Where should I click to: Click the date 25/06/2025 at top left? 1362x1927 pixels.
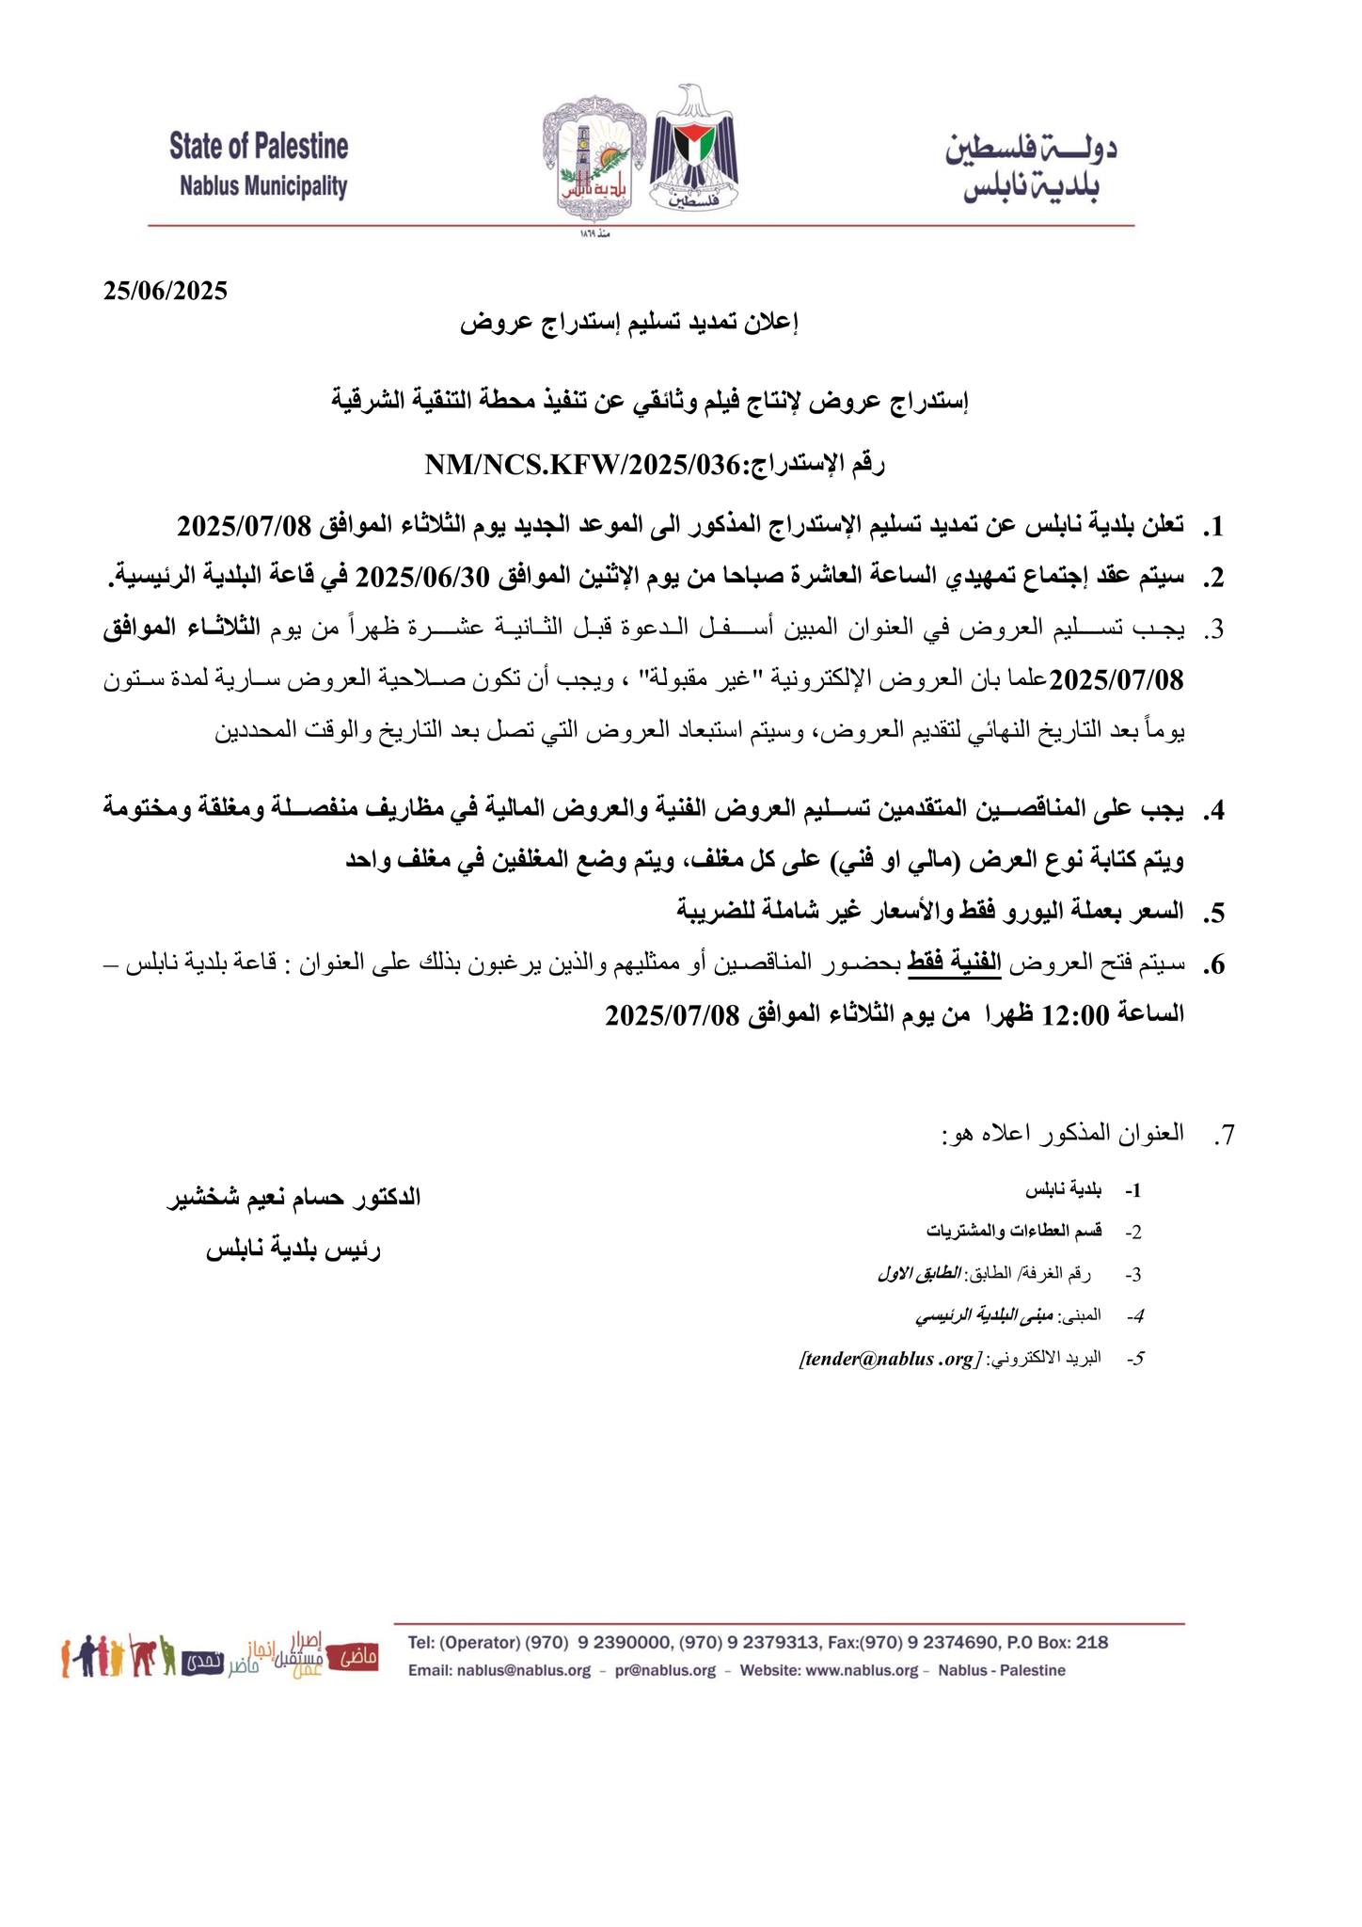point(166,290)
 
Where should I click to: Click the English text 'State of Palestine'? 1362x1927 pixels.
point(259,147)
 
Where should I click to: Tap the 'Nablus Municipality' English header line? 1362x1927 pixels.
point(263,186)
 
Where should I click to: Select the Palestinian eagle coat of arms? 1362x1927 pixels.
point(696,151)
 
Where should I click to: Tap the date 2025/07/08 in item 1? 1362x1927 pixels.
point(243,525)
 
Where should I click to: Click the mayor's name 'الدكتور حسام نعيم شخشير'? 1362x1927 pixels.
point(293,1198)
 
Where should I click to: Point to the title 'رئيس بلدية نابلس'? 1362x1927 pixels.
point(293,1250)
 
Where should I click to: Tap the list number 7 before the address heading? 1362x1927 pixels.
point(1222,1136)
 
